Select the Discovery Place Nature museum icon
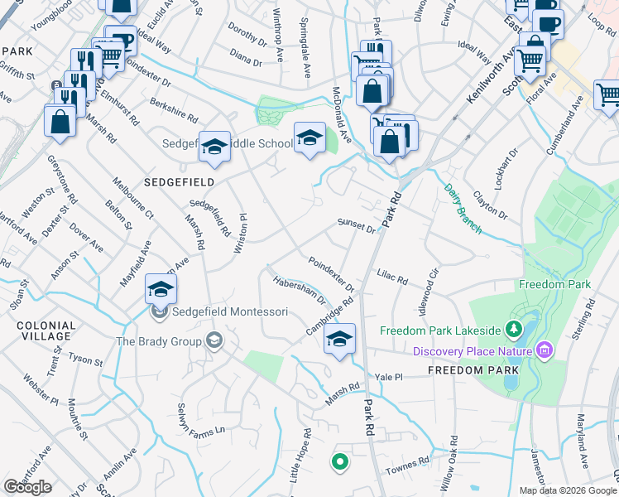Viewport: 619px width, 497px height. (x=544, y=351)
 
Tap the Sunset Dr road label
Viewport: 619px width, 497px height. (x=356, y=225)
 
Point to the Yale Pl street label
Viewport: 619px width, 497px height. (x=387, y=377)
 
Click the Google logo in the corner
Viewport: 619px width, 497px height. (x=27, y=487)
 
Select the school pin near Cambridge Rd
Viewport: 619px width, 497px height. (x=339, y=340)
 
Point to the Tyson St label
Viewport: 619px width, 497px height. (x=86, y=361)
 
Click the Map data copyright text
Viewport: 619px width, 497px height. (x=567, y=490)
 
